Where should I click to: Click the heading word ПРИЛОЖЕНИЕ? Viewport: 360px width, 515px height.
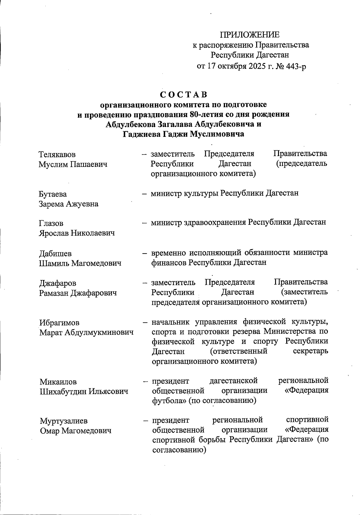[250, 35]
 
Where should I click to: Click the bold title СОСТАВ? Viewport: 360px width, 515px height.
[183, 95]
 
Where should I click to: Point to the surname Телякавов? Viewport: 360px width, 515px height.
[57, 155]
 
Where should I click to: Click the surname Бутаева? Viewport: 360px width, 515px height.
[53, 194]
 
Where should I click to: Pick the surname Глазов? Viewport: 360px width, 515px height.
[51, 223]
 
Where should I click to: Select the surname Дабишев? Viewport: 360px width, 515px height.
[55, 254]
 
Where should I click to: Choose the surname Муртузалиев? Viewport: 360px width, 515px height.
[64, 421]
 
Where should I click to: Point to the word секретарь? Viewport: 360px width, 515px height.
[310, 351]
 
